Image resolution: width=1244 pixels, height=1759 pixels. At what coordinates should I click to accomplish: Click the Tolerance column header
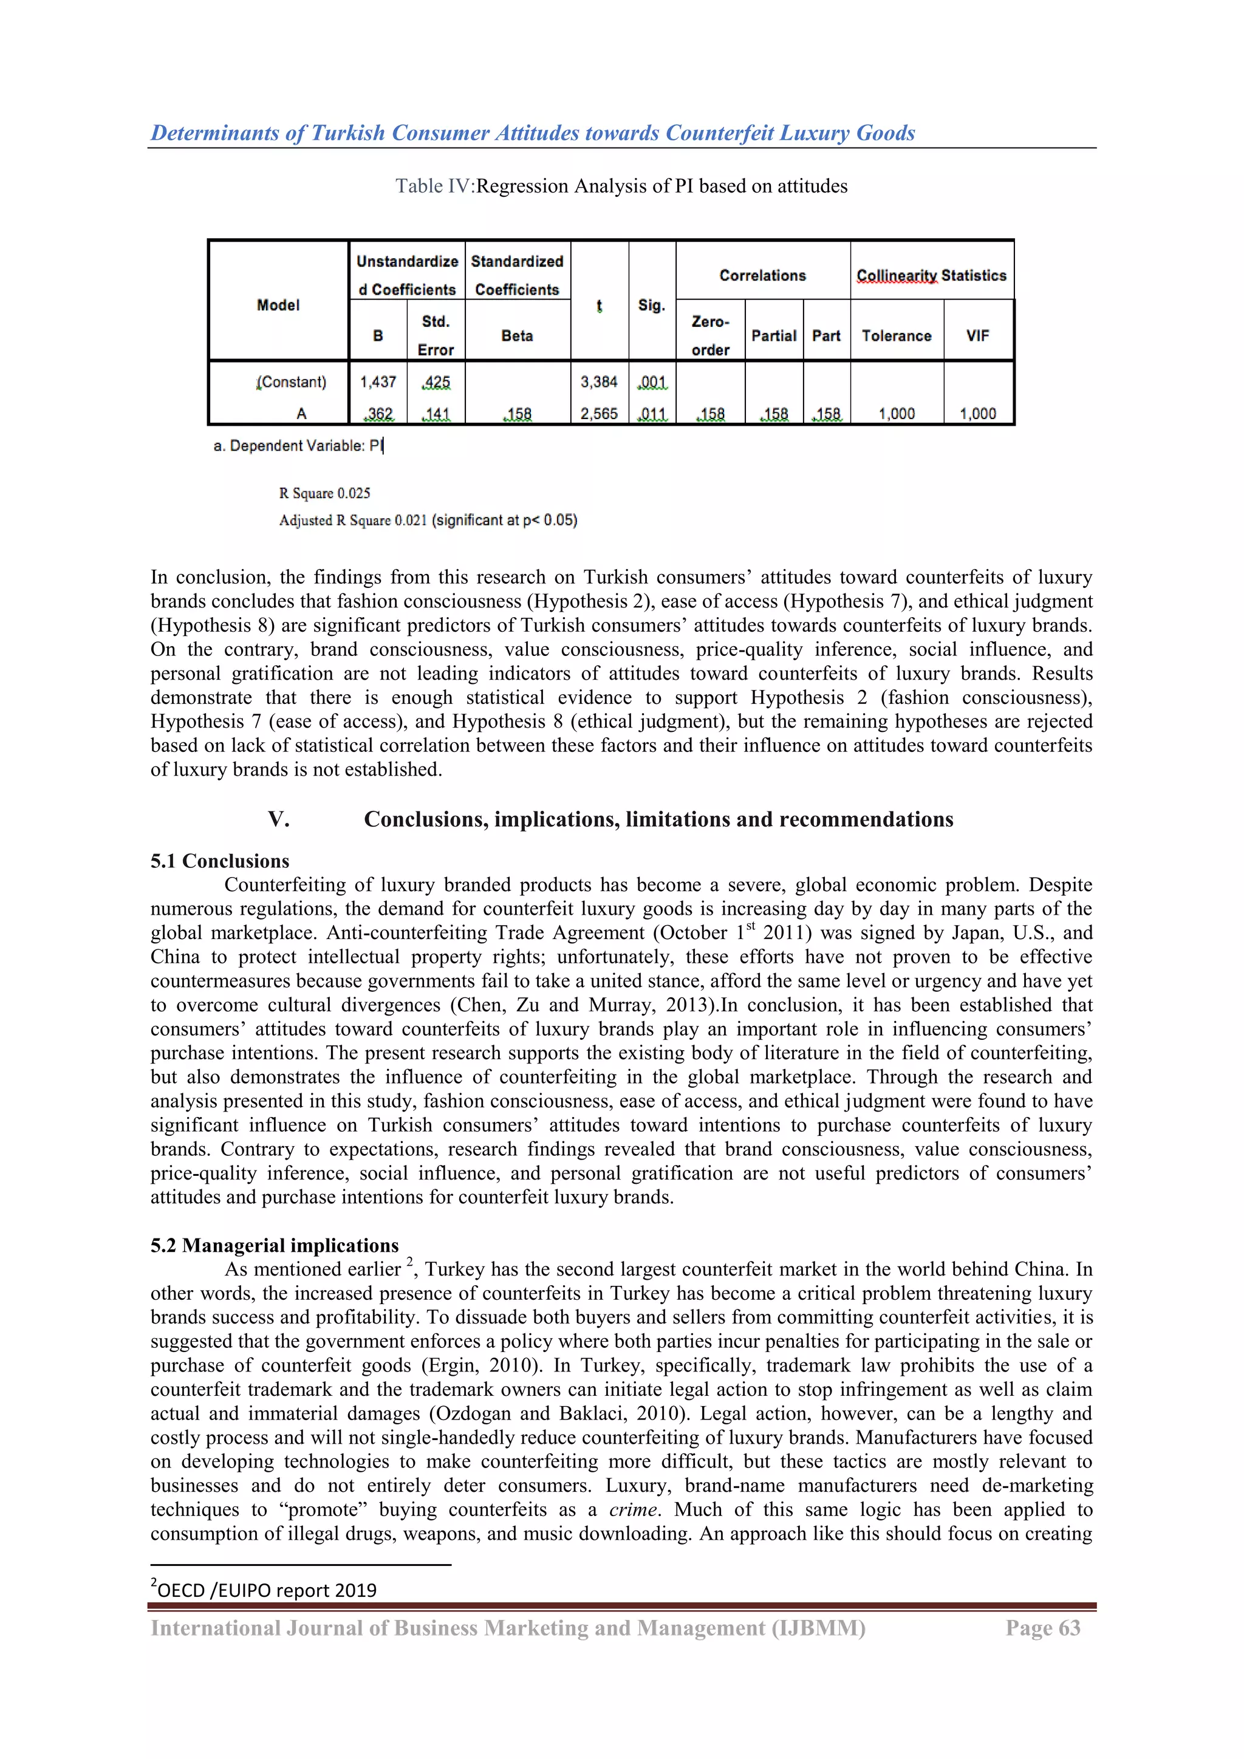point(896,335)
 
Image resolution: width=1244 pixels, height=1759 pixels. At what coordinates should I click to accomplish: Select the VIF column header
point(977,335)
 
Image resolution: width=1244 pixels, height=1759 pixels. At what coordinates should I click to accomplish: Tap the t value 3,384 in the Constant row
point(599,381)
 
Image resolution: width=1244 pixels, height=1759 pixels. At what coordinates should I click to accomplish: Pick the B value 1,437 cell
point(378,381)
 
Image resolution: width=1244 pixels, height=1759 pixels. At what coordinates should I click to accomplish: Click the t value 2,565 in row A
point(599,414)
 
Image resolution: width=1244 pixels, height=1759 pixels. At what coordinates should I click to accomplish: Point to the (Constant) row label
point(292,381)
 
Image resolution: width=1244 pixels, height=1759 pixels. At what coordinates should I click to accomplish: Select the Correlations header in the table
point(762,275)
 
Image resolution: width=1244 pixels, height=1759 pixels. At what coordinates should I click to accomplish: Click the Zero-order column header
point(710,335)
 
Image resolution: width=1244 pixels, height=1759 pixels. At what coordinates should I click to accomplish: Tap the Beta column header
point(517,335)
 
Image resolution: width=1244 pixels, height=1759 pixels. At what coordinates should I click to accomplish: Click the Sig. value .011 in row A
point(652,414)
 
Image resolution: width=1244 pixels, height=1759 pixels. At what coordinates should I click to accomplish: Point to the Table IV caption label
point(434,186)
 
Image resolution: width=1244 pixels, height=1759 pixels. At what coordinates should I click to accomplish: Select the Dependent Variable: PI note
point(298,446)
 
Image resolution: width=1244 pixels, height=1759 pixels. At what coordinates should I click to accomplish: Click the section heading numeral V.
point(278,820)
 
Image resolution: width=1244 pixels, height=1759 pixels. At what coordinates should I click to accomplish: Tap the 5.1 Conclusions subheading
point(220,861)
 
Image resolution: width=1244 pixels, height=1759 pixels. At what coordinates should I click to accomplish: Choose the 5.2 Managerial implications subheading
point(274,1246)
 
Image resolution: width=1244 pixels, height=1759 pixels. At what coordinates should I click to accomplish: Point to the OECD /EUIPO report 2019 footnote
point(265,1591)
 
